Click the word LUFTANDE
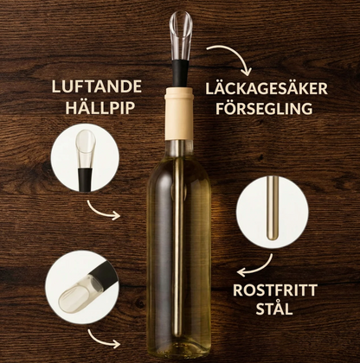coord(97,86)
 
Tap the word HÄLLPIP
coord(100,108)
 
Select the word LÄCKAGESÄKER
coord(267,88)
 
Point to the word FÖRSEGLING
coord(264,109)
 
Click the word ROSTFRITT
coord(275,290)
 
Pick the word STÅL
coord(274,309)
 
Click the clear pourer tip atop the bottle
coord(181,35)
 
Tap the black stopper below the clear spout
coord(180,73)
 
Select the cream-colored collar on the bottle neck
coord(179,113)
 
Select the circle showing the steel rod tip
coord(272,212)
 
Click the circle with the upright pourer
coord(85,157)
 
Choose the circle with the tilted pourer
coord(82,287)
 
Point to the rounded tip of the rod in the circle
coord(272,236)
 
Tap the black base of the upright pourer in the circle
coord(85,180)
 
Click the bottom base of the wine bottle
coord(179,352)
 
